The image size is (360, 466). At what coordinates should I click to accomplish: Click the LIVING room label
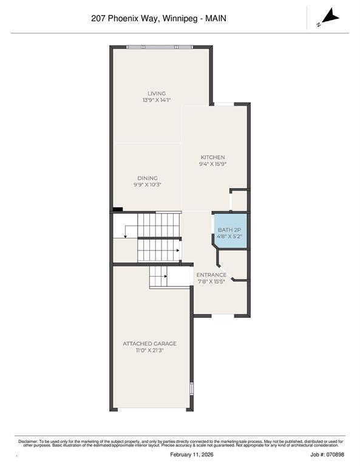(157, 93)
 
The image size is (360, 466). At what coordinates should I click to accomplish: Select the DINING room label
(148, 178)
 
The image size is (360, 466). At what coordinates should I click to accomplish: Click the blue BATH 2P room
(230, 230)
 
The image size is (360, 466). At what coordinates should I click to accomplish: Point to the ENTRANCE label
(211, 275)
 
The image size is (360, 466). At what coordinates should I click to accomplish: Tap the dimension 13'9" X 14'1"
(157, 100)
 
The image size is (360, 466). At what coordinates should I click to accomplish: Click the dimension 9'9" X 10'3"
(148, 184)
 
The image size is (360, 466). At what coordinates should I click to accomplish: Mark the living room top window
(160, 47)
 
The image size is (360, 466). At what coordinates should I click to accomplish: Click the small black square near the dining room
(118, 209)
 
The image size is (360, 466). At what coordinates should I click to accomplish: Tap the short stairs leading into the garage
(159, 277)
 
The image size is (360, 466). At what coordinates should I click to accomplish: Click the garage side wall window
(192, 388)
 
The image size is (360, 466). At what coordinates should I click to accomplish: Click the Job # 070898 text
(327, 454)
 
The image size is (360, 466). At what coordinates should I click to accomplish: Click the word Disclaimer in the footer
(28, 441)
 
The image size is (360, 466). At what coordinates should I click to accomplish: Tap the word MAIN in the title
(216, 18)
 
